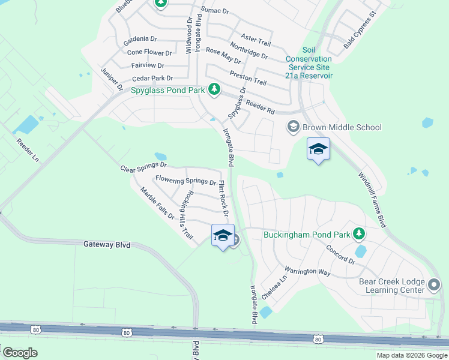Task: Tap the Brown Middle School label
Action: [x=342, y=127]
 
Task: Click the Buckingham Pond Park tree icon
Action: [x=359, y=233]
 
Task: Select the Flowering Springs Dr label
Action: [x=185, y=180]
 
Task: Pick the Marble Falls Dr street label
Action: [x=157, y=203]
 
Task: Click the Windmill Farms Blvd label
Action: [x=372, y=200]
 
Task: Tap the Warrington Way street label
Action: [x=308, y=271]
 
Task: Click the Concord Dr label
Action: [x=341, y=254]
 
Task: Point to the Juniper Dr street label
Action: [x=112, y=79]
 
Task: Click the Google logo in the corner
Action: [x=19, y=353]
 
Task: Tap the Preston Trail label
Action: [x=248, y=77]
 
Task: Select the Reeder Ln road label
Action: [x=28, y=151]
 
